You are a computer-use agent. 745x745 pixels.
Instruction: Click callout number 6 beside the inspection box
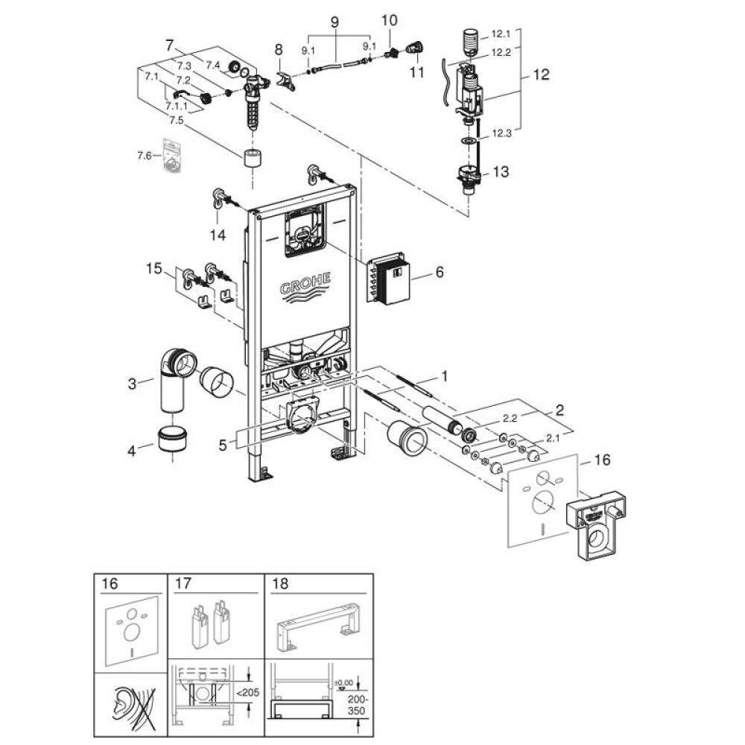point(440,273)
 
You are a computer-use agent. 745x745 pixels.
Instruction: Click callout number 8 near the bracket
point(278,50)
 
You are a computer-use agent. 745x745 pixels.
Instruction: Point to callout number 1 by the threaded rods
point(444,377)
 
